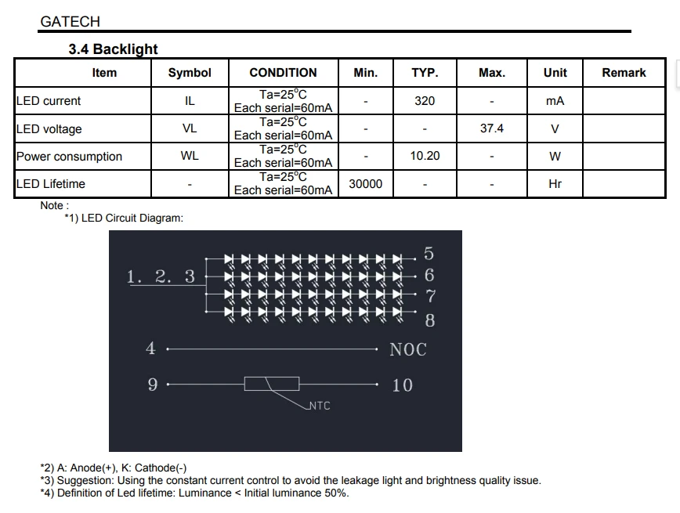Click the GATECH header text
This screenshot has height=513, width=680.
click(71, 22)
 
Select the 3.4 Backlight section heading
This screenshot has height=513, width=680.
click(113, 49)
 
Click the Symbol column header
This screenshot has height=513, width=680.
click(190, 72)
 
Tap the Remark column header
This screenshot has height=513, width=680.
click(624, 72)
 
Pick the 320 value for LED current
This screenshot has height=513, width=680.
click(425, 100)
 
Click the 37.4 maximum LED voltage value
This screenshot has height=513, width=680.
click(492, 128)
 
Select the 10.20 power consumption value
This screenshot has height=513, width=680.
click(425, 156)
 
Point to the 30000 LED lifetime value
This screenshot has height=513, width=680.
click(366, 184)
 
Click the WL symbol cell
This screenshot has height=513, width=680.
click(190, 156)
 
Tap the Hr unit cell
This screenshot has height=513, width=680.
click(555, 184)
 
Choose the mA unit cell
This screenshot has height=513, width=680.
click(555, 101)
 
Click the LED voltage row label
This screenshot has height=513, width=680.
click(49, 128)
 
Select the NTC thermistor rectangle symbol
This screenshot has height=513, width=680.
click(272, 384)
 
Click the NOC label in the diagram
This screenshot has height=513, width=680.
click(408, 349)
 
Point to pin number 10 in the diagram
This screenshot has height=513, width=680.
click(403, 385)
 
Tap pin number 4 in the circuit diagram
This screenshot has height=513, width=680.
click(150, 348)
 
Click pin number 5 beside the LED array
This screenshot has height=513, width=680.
click(429, 253)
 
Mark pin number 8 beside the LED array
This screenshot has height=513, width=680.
click(430, 320)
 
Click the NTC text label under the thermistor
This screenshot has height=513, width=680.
click(320, 406)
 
